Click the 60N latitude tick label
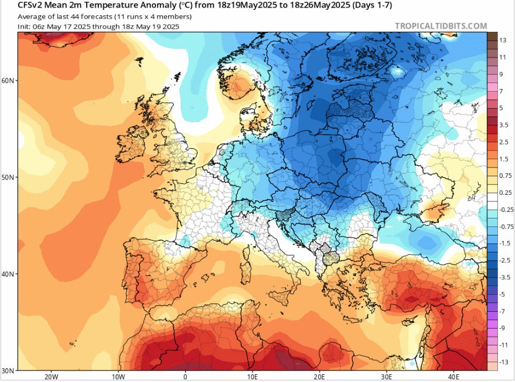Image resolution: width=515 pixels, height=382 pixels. pyautogui.click(x=8, y=81)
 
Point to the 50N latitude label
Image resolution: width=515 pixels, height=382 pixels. pyautogui.click(x=8, y=177)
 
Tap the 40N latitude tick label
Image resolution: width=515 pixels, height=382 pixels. pyautogui.click(x=8, y=274)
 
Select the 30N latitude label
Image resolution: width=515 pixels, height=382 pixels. pyautogui.click(x=8, y=370)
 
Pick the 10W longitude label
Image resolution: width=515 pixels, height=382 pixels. pyautogui.click(x=118, y=377)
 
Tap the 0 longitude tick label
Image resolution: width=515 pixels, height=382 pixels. pyautogui.click(x=185, y=377)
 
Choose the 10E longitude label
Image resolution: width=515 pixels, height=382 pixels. pyautogui.click(x=253, y=377)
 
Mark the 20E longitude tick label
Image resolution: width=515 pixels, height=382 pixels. pyautogui.click(x=320, y=377)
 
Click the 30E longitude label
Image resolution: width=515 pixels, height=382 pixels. pyautogui.click(x=387, y=377)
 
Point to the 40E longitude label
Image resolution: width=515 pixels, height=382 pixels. pyautogui.click(x=454, y=377)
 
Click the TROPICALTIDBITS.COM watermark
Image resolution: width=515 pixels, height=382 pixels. pyautogui.click(x=440, y=26)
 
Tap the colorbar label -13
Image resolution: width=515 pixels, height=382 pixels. pyautogui.click(x=502, y=362)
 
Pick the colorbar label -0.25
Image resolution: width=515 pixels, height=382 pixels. pyautogui.click(x=505, y=210)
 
